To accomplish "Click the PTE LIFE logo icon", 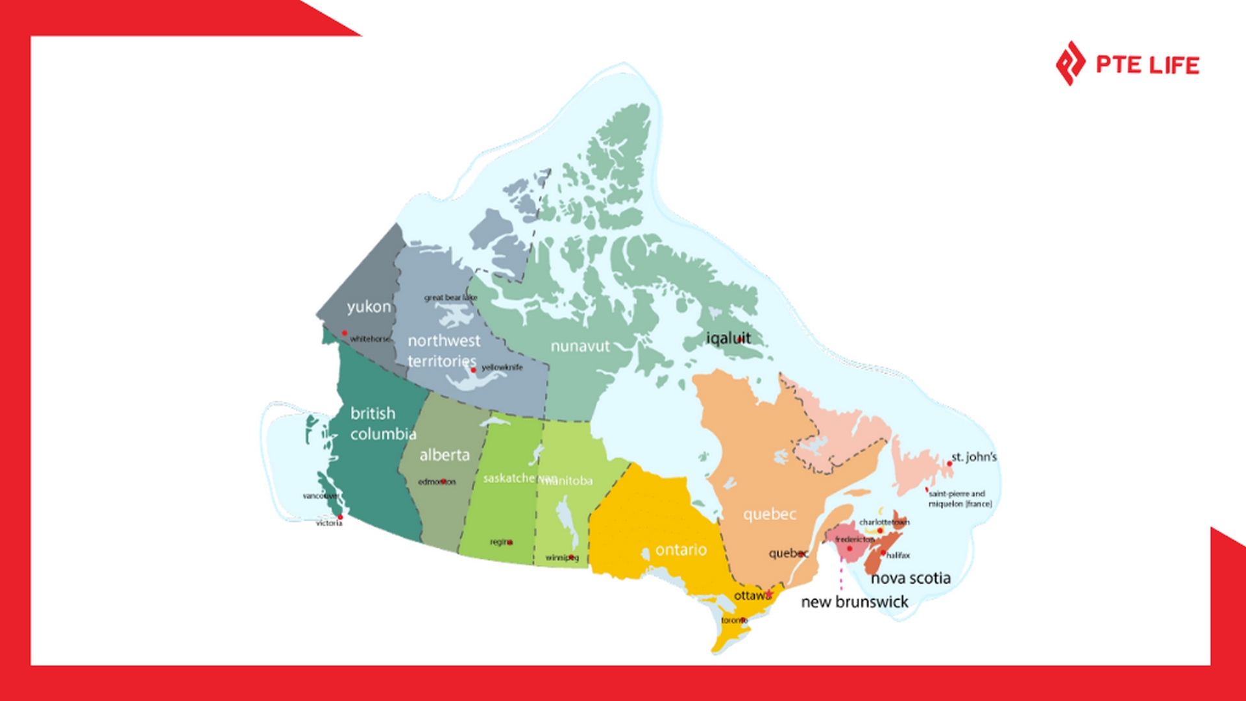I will (1070, 64).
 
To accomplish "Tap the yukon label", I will (369, 306).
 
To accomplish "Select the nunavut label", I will (580, 346).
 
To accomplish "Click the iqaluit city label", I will (728, 338).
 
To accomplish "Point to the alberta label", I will (445, 455).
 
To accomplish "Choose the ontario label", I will (681, 550).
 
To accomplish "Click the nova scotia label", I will (910, 578).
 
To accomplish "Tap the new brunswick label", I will (855, 602).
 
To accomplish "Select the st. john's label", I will (974, 456).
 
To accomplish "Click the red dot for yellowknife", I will (473, 370).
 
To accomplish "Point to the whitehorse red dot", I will (345, 333).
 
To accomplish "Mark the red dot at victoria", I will (340, 517).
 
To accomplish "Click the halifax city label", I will (899, 555).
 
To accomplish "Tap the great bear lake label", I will (450, 297).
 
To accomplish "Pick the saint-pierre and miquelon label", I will (960, 498).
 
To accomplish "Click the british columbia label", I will (383, 423).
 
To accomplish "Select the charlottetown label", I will (884, 522).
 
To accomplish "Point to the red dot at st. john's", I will (949, 463).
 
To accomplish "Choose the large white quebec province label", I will (769, 514).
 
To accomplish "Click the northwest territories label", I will (443, 350).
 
